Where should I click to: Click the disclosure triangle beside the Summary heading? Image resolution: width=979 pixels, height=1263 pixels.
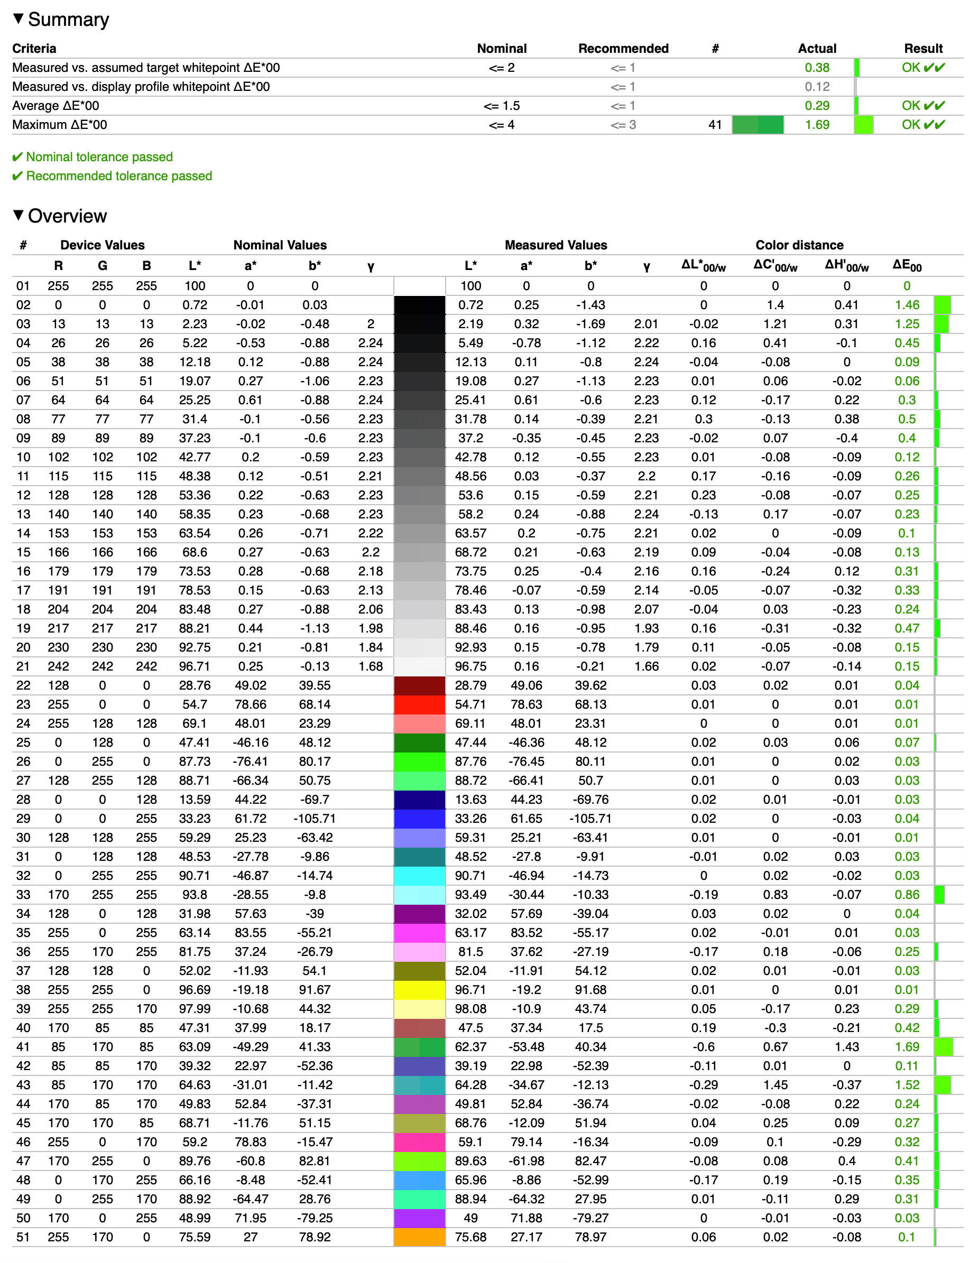pyautogui.click(x=18, y=18)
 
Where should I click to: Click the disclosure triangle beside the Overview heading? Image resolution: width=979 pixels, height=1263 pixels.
pyautogui.click(x=18, y=215)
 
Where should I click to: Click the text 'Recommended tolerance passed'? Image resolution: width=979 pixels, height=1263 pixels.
pyautogui.click(x=118, y=176)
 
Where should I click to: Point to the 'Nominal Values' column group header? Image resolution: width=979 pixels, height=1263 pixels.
pyautogui.click(x=280, y=245)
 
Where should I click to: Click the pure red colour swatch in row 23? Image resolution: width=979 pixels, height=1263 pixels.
pyautogui.click(x=420, y=704)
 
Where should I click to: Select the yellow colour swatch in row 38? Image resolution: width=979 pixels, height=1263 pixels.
pyautogui.click(x=420, y=989)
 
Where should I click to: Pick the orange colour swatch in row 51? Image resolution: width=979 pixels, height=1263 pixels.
pyautogui.click(x=420, y=1237)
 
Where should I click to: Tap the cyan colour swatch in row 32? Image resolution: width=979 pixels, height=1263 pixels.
pyautogui.click(x=420, y=876)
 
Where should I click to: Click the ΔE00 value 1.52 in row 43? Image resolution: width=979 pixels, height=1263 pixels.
pyautogui.click(x=907, y=1085)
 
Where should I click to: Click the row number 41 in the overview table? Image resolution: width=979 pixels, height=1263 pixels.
pyautogui.click(x=23, y=1047)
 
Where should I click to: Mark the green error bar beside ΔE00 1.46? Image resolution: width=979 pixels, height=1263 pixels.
pyautogui.click(x=943, y=305)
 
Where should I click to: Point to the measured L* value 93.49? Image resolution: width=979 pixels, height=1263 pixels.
pyautogui.click(x=470, y=895)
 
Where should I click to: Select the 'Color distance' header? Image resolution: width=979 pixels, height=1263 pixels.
pyautogui.click(x=799, y=245)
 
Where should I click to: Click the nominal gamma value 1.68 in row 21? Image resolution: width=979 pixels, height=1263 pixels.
pyautogui.click(x=371, y=666)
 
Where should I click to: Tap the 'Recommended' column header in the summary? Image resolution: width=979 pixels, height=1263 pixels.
pyautogui.click(x=623, y=49)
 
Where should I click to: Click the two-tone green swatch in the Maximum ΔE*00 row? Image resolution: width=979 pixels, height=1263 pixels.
pyautogui.click(x=758, y=125)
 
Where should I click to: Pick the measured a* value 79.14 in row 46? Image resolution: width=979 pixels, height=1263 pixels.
pyautogui.click(x=526, y=1142)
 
